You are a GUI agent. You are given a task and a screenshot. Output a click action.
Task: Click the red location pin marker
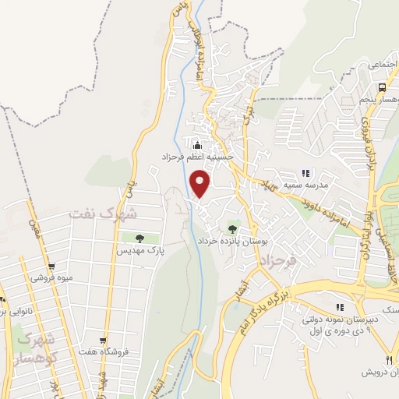(201, 184)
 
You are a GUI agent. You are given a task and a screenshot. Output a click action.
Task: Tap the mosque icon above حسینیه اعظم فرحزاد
(197, 144)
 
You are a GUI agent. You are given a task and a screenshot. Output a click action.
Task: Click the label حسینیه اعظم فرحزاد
(198, 156)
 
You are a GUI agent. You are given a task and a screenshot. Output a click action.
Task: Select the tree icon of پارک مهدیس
(139, 239)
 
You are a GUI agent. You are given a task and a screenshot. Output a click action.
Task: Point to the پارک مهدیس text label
(139, 251)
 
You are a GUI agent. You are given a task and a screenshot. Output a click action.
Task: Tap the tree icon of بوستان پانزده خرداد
(232, 228)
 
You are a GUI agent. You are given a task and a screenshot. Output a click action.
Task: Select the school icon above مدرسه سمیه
(305, 173)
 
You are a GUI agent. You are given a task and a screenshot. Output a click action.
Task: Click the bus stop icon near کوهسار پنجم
(382, 88)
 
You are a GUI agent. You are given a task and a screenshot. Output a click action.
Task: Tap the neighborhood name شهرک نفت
(102, 213)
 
